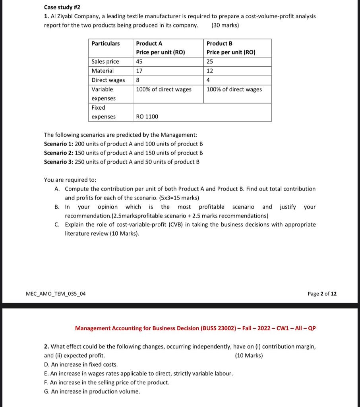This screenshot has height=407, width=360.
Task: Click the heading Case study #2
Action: tap(62, 8)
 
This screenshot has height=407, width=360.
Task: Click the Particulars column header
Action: tap(105, 43)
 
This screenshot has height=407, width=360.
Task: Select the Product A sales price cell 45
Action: tap(139, 61)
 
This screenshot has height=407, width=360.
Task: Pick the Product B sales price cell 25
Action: tap(210, 61)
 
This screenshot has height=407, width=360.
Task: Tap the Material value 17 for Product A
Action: tap(139, 71)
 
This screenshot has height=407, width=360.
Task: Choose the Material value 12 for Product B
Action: tap(210, 71)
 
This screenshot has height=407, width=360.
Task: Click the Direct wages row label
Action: tap(108, 80)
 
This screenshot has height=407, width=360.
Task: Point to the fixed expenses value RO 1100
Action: tap(147, 116)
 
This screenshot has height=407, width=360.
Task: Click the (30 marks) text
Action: tap(225, 25)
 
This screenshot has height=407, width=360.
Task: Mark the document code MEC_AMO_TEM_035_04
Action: tap(55, 294)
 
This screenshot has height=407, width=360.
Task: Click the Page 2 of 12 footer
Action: tap(322, 294)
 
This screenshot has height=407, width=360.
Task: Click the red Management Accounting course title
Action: tap(195, 328)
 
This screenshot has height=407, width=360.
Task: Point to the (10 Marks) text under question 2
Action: tap(249, 355)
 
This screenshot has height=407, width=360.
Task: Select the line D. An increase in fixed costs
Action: tap(81, 364)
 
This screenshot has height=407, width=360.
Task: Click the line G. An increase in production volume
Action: tap(92, 391)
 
